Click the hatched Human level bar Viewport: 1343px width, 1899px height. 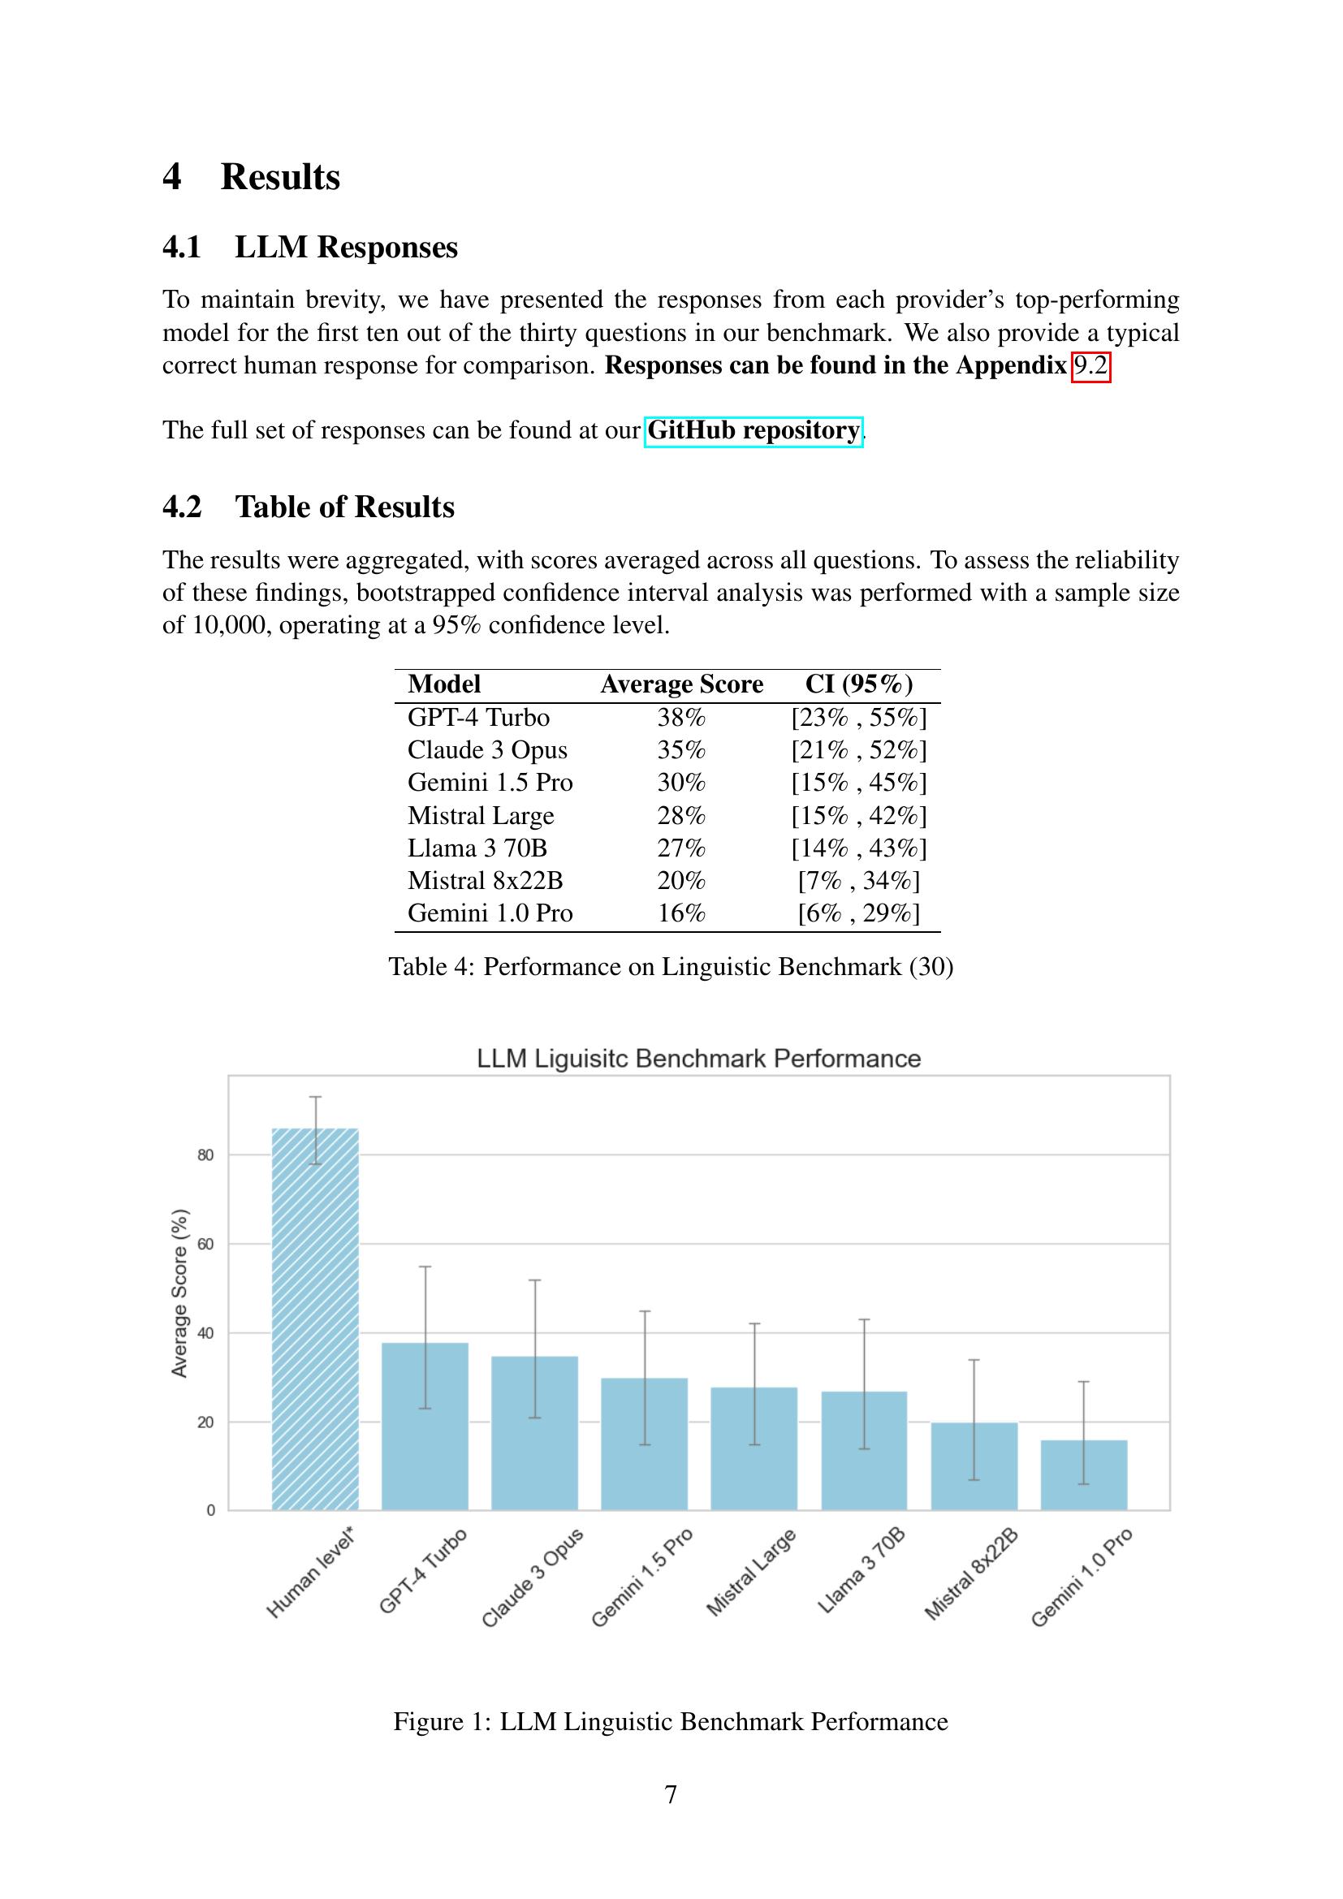tap(315, 1319)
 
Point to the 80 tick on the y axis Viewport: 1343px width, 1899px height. tap(206, 1155)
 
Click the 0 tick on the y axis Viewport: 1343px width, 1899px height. tap(211, 1510)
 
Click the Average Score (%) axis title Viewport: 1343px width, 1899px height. tap(179, 1293)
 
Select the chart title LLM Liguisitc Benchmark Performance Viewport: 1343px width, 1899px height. tap(699, 1059)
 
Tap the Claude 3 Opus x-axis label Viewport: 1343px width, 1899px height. tap(533, 1578)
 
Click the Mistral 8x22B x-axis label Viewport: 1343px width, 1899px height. tap(970, 1575)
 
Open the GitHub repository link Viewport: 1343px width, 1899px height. tap(754, 431)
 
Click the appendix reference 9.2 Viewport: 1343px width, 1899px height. tap(1090, 365)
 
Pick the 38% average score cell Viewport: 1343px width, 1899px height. tap(681, 717)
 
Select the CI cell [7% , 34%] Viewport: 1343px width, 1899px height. tap(858, 881)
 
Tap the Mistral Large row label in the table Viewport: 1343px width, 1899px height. tap(481, 815)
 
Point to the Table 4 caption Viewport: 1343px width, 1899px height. tap(671, 966)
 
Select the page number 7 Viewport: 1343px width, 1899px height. tap(671, 1794)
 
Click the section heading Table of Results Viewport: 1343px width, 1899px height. tap(344, 507)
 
